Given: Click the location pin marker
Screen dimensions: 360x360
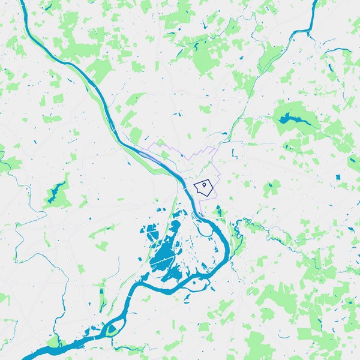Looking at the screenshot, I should coord(205,185).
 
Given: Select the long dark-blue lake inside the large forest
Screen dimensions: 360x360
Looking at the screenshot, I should coord(290,117).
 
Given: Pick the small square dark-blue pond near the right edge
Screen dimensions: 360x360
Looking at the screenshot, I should coord(337,178).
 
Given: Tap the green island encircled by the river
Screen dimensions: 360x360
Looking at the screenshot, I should coord(111,329).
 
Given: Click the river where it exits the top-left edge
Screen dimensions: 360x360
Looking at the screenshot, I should coord(23,5).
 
